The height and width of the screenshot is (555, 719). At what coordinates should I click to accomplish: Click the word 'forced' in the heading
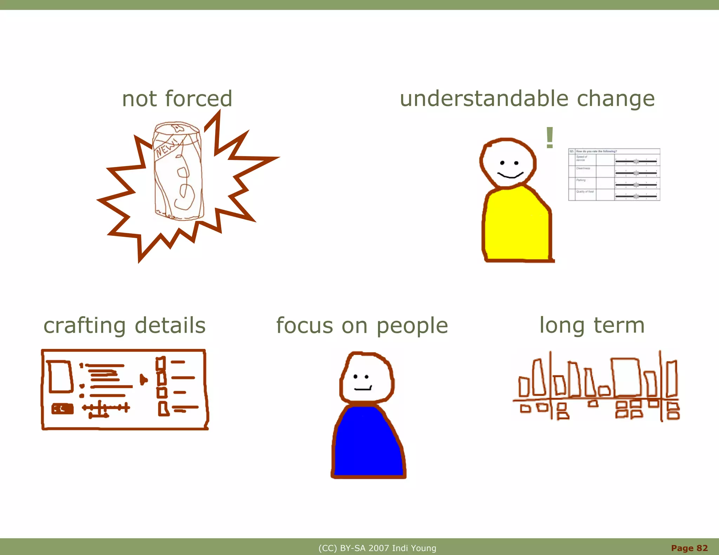(x=198, y=99)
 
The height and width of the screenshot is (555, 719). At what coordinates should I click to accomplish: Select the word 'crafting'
(x=84, y=326)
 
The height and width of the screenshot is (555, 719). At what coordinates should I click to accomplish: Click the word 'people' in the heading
(x=412, y=326)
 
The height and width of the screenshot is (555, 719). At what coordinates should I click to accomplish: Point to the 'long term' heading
(x=592, y=325)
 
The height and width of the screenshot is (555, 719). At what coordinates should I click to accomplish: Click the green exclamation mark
(x=549, y=138)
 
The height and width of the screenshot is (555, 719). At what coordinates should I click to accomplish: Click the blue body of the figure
(x=368, y=442)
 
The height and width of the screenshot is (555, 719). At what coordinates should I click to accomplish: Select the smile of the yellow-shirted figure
(x=510, y=175)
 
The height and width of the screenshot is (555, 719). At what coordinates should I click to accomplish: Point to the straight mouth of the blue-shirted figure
(x=363, y=389)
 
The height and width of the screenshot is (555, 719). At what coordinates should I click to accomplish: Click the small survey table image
(x=614, y=175)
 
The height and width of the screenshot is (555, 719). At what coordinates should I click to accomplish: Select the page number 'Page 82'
(x=689, y=548)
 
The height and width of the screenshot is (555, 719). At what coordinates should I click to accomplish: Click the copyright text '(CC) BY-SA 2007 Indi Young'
(x=377, y=548)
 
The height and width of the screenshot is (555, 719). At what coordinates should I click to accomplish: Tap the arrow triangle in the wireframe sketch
(x=143, y=379)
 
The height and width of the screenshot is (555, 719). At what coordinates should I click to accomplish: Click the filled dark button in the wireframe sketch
(x=62, y=409)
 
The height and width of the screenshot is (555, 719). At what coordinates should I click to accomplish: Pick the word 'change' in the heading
(x=616, y=99)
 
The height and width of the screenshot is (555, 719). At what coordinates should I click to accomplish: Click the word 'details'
(x=170, y=325)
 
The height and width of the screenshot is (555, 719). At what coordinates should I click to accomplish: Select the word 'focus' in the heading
(x=305, y=326)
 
